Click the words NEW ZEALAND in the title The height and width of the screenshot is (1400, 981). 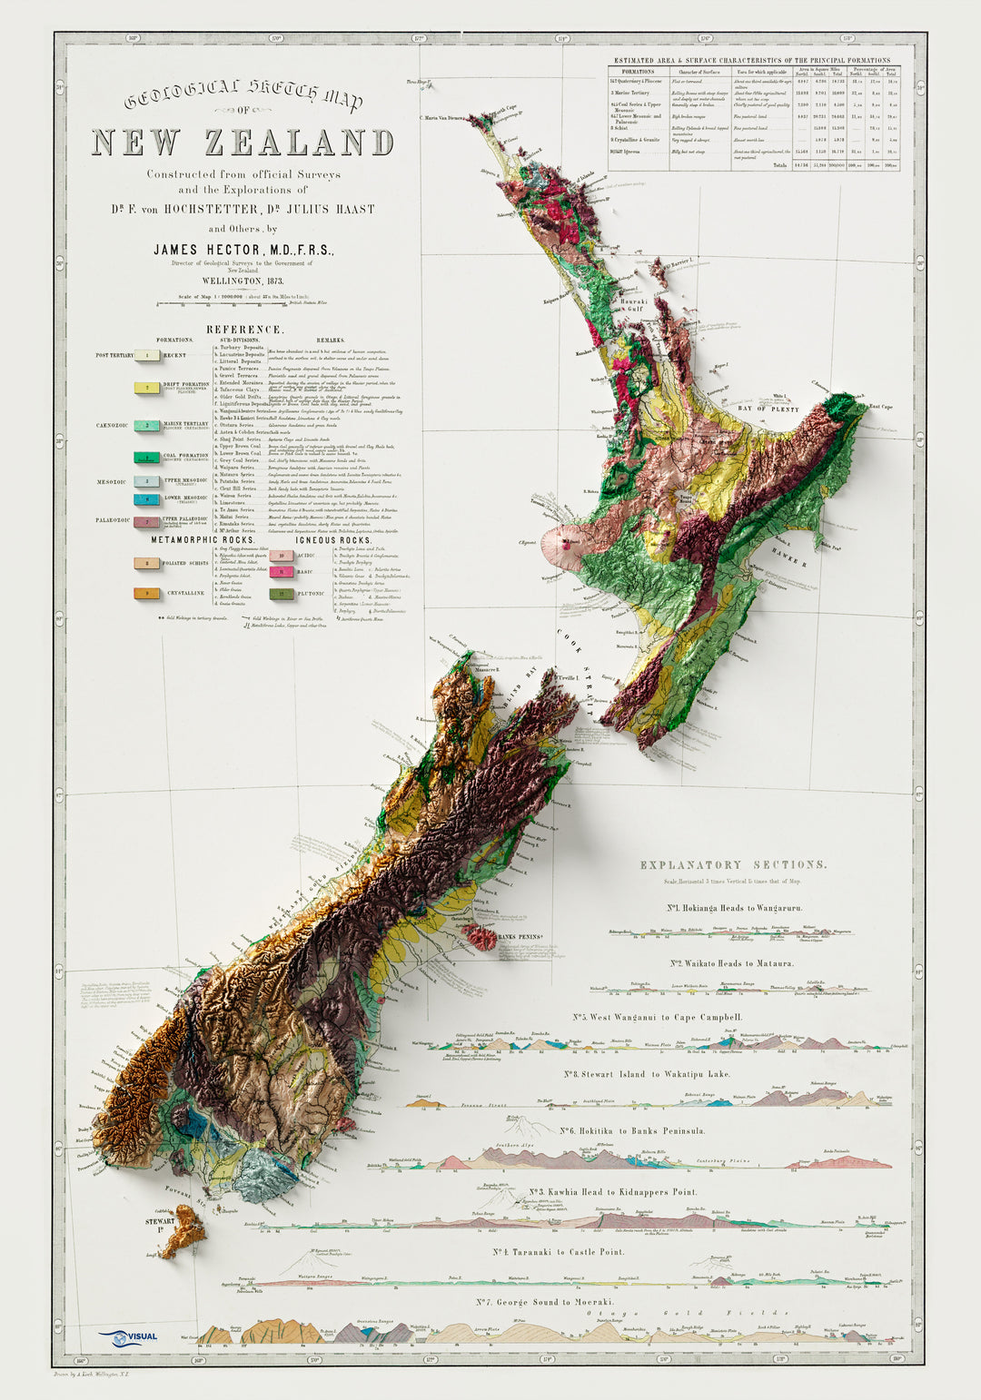tap(243, 143)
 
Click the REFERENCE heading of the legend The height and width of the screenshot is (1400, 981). tap(243, 330)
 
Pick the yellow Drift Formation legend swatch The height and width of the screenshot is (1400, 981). tap(147, 388)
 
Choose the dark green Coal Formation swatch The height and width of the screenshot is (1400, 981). tap(147, 458)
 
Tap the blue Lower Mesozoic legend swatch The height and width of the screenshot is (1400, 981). tap(147, 499)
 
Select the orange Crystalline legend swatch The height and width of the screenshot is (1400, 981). tap(147, 593)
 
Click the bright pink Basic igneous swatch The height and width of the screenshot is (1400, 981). tap(282, 572)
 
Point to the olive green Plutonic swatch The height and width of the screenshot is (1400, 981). tap(282, 594)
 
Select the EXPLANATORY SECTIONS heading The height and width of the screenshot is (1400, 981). tap(733, 865)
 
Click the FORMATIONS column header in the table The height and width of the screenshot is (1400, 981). tap(632, 71)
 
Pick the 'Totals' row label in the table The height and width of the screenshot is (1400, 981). tap(778, 165)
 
